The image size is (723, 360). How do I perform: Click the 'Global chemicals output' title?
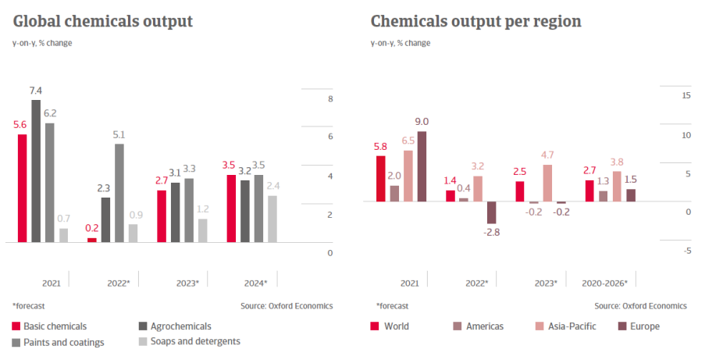(x=102, y=21)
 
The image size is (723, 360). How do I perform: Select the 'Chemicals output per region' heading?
(x=475, y=21)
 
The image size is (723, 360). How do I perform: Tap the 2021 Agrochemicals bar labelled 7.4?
(x=36, y=171)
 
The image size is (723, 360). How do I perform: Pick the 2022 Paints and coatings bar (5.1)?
(x=119, y=193)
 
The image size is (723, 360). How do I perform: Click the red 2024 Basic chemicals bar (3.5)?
(x=231, y=209)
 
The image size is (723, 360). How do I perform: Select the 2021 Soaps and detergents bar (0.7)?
(x=64, y=235)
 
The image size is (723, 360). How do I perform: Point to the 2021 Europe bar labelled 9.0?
(x=422, y=166)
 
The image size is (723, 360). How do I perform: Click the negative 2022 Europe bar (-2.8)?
(x=492, y=212)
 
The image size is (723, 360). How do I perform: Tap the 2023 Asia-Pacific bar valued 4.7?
(x=547, y=183)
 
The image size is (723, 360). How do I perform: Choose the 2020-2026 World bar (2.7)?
(x=589, y=191)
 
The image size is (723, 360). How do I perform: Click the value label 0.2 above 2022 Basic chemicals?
(x=91, y=228)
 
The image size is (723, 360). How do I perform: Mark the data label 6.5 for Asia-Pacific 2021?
(x=408, y=141)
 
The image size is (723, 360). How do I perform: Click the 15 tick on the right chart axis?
(x=664, y=95)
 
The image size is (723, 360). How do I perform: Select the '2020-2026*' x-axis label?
(x=605, y=283)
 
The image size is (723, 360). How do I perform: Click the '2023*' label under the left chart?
(x=186, y=283)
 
